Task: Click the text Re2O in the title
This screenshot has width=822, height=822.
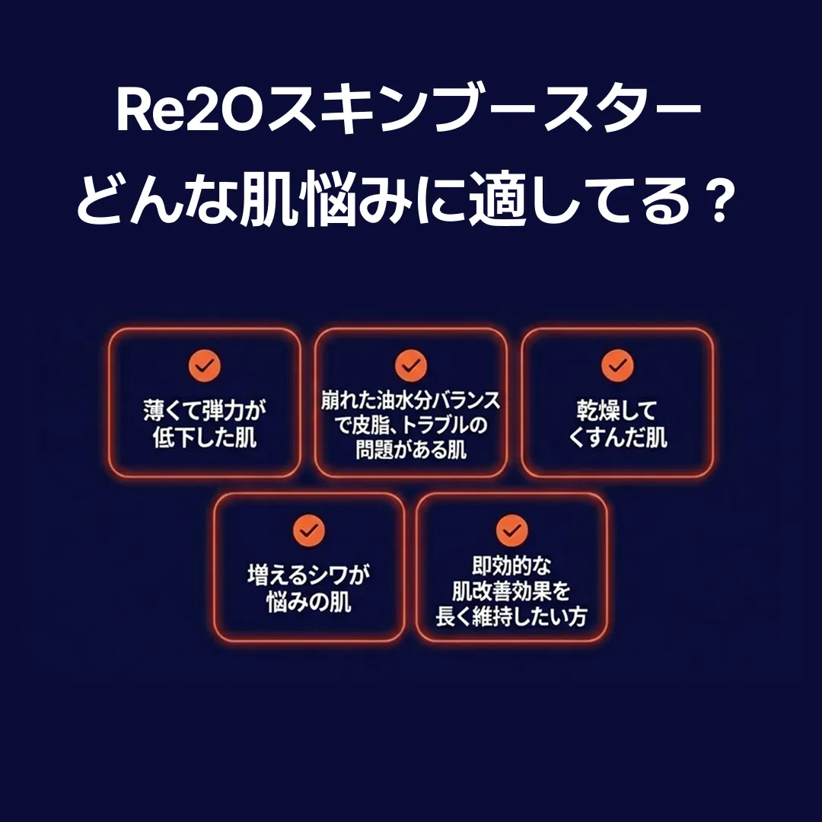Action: tap(191, 112)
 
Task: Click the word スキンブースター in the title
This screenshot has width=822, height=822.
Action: tap(484, 112)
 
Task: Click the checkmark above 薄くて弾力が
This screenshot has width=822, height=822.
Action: tap(205, 365)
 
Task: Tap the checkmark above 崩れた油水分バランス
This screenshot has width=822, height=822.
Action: tap(410, 365)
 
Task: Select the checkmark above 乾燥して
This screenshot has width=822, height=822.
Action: tap(617, 365)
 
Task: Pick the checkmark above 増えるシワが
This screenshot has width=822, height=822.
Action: tap(309, 530)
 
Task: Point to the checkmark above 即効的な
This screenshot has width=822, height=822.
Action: tap(511, 530)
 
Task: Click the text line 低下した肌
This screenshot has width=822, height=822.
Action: tap(205, 437)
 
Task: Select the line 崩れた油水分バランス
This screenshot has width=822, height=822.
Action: tap(410, 401)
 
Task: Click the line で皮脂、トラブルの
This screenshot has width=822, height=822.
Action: tap(410, 425)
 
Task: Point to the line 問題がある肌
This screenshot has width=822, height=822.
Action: tap(410, 449)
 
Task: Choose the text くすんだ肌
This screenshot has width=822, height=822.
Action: tap(617, 437)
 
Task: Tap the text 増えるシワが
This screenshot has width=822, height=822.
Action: tap(309, 575)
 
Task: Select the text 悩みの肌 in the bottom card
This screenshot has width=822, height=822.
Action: tap(309, 602)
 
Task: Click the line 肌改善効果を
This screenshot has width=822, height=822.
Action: tap(511, 591)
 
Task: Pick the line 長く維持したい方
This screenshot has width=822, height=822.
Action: tap(511, 616)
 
